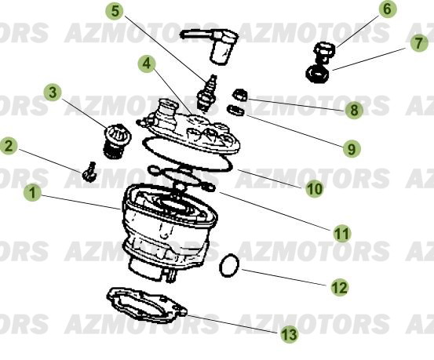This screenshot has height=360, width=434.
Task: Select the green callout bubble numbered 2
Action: [9, 145]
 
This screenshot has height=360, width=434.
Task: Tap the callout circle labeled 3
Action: [53, 93]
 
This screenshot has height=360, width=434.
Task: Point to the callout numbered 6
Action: [387, 10]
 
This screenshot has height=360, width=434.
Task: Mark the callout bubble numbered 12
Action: [339, 288]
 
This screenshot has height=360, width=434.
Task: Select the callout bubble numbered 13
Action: [289, 335]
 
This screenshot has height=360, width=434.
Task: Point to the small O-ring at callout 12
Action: [228, 266]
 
